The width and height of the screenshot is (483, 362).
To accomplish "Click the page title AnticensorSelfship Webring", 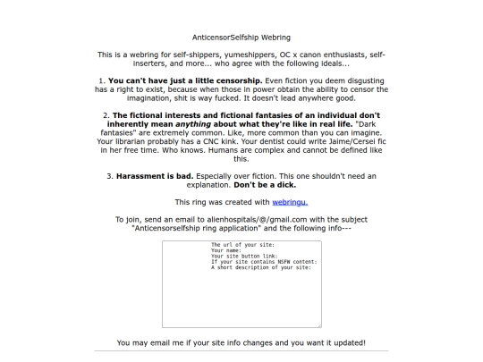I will click(x=241, y=38).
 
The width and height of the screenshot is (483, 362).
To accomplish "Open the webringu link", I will click(x=291, y=202).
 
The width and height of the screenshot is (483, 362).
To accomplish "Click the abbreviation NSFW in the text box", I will click(x=281, y=261).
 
